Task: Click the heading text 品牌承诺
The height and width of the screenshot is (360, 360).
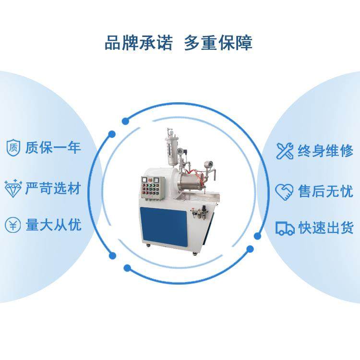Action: pos(139,42)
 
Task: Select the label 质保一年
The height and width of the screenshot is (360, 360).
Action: pos(53,147)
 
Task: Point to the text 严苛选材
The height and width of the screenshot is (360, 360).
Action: pos(53,187)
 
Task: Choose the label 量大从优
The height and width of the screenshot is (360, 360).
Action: pos(53,225)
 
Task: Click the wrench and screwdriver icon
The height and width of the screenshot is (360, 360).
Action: pos(285,151)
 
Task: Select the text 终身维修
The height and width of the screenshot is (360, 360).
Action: pos(325,151)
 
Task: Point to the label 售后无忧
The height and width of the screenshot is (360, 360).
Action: pos(325,192)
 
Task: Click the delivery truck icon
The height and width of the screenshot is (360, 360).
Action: pos(285,228)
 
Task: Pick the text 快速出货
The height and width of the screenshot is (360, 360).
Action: pos(325,227)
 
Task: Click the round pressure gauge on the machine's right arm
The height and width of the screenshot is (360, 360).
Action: pos(210,165)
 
